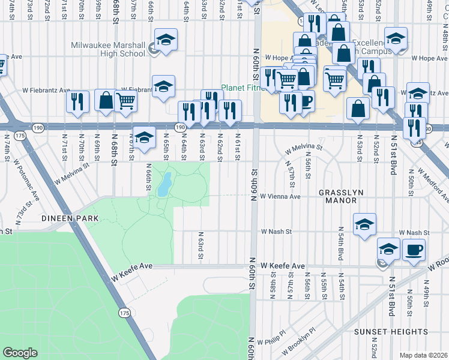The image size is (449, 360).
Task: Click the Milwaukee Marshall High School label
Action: click(x=108, y=49)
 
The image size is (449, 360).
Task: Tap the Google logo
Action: click(x=20, y=353)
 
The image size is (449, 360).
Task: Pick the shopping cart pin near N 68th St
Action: click(x=125, y=101)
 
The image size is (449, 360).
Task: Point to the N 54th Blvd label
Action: click(x=340, y=242)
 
